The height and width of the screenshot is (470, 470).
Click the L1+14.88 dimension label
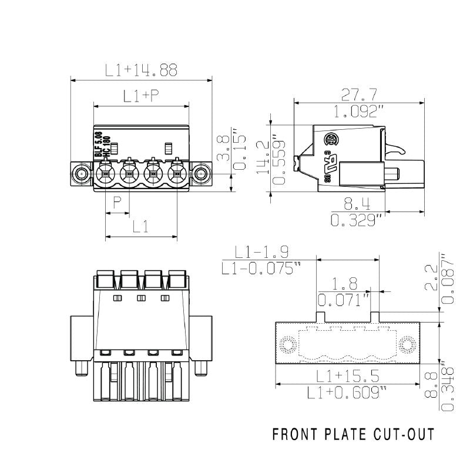point(141,70)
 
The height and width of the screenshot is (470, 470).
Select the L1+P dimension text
point(141,96)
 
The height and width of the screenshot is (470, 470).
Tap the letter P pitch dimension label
point(117,203)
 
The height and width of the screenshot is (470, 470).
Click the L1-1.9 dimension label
point(261,253)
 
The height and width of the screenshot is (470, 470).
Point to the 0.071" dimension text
point(344,301)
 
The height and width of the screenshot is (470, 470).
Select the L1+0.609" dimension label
point(348,392)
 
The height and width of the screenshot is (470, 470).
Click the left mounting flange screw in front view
point(81,174)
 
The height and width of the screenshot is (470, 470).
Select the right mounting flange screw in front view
point(202,174)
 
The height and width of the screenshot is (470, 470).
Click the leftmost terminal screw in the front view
point(106,174)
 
